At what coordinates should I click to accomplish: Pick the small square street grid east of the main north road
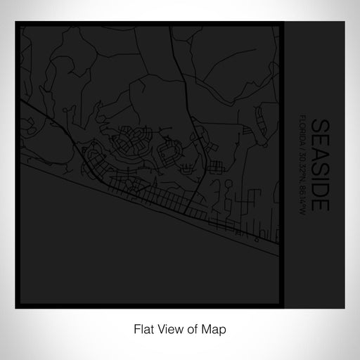click(216, 167)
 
